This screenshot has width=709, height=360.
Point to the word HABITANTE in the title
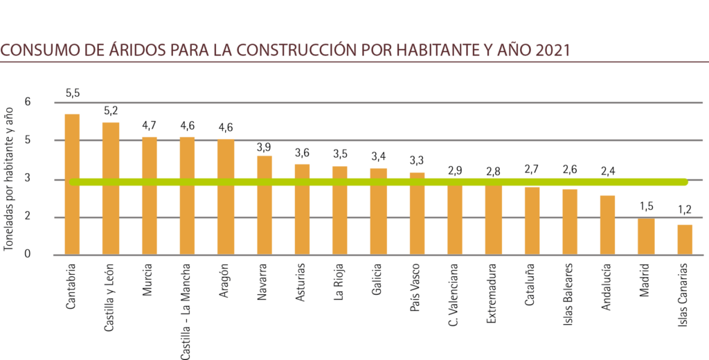436,51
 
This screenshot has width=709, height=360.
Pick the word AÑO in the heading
514,51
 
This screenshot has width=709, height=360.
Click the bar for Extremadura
493,218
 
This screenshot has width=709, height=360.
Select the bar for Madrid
645,236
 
